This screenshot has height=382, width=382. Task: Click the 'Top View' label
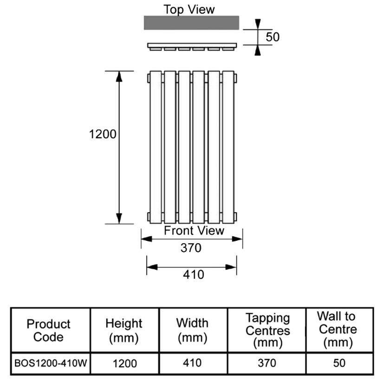click(x=189, y=10)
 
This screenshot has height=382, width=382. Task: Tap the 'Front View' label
click(x=194, y=231)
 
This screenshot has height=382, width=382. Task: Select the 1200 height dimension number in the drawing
click(x=103, y=134)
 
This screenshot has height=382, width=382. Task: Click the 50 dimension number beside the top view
click(x=272, y=37)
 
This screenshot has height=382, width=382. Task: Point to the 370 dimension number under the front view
click(x=191, y=248)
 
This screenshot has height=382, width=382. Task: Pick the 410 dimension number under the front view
click(x=194, y=275)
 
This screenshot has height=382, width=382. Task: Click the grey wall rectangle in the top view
click(x=192, y=23)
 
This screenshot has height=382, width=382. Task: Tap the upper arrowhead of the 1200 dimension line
click(x=119, y=76)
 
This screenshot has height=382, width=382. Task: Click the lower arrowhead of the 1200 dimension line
click(x=119, y=218)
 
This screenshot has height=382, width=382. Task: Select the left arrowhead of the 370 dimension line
click(x=147, y=239)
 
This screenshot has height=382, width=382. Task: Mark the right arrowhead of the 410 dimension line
click(x=231, y=267)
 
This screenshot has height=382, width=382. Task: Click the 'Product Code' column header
click(x=48, y=330)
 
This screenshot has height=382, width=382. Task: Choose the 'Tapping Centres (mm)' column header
click(x=268, y=330)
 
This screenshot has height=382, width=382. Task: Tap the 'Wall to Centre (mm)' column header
click(x=337, y=330)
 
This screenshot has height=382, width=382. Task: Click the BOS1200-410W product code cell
click(x=51, y=363)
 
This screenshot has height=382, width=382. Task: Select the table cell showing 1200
click(x=125, y=363)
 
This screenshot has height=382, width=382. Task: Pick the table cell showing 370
click(x=267, y=363)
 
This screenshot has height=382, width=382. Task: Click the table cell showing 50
click(x=339, y=363)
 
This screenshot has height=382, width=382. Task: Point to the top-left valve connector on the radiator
click(x=149, y=78)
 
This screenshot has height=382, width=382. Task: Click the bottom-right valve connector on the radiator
click(x=235, y=217)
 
